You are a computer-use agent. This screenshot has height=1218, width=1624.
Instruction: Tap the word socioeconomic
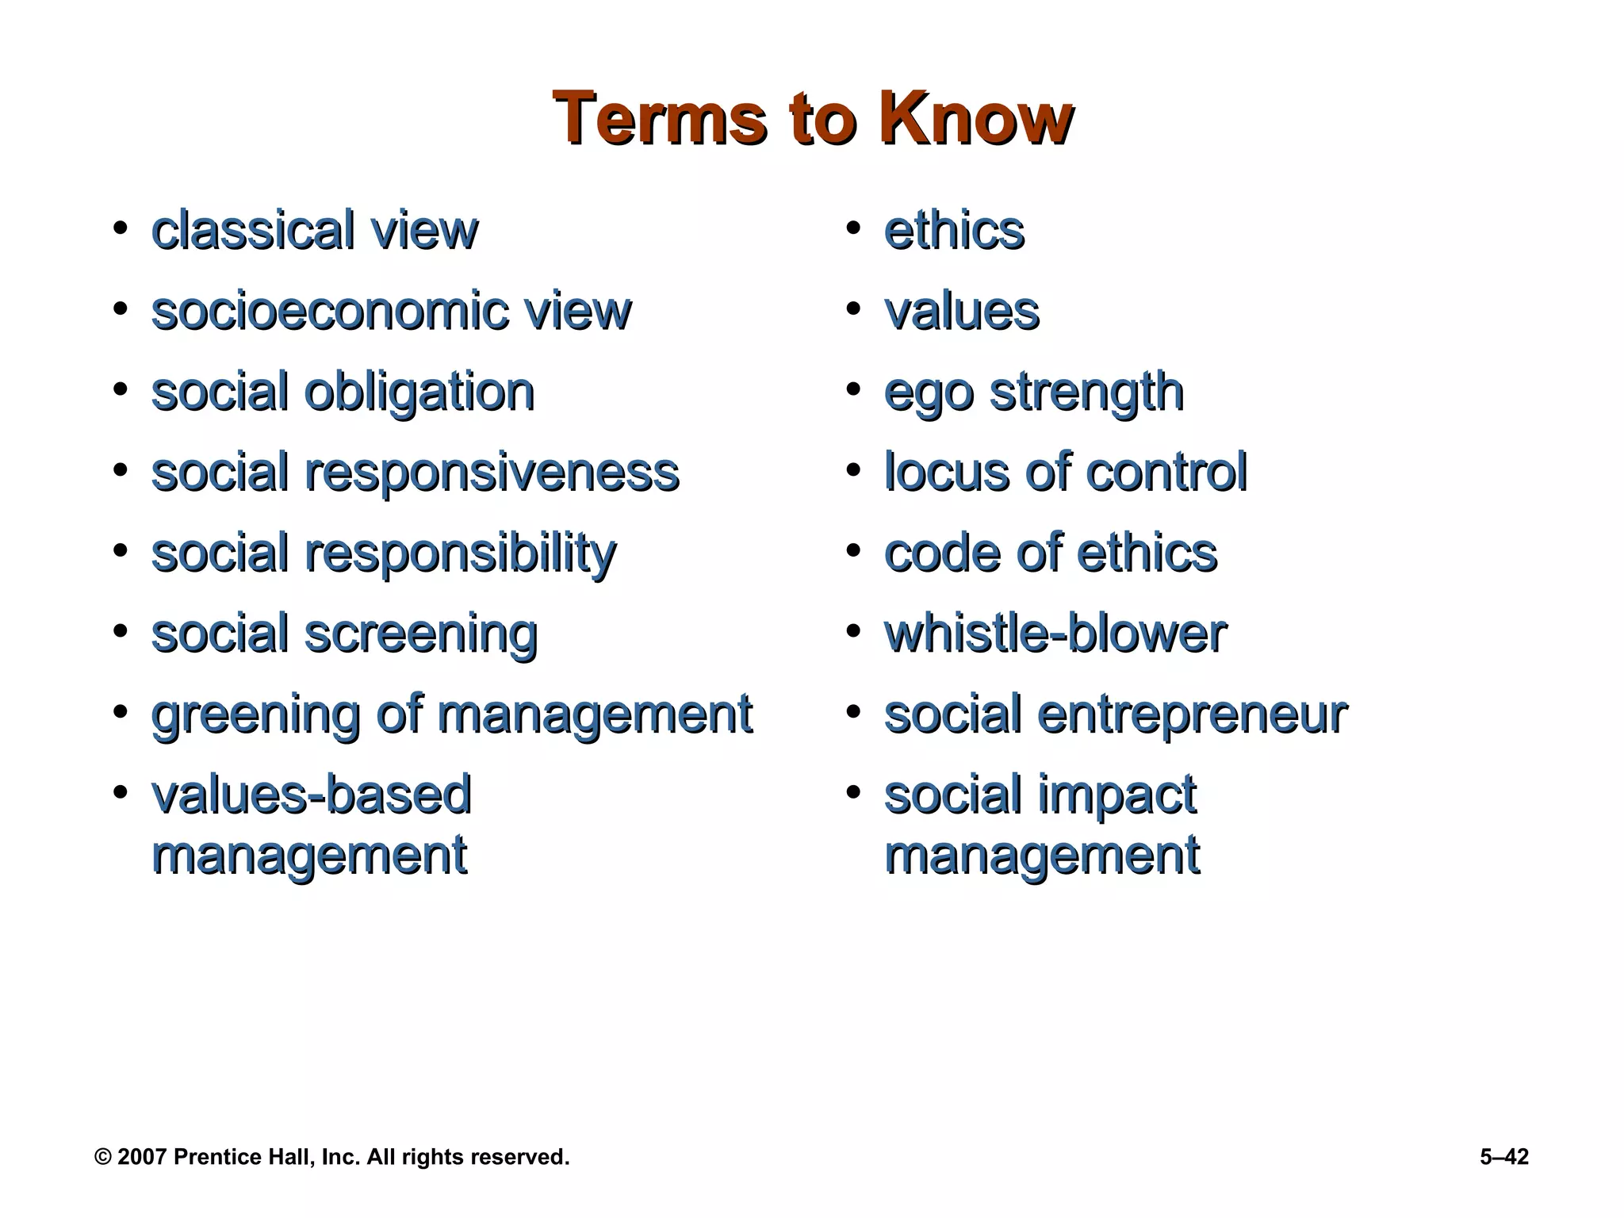[325, 311]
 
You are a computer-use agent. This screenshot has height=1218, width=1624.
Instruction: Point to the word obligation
[419, 393]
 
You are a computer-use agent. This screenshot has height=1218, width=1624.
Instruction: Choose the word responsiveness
[492, 473]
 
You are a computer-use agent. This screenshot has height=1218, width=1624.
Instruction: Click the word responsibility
[460, 553]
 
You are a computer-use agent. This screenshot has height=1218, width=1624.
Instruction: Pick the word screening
[421, 634]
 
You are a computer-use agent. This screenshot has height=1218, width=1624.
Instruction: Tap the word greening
[255, 715]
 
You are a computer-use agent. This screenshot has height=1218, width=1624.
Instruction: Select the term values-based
[312, 795]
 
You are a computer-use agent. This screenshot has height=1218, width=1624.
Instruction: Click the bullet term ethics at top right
[954, 231]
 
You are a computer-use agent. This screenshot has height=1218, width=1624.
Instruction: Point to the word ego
[929, 393]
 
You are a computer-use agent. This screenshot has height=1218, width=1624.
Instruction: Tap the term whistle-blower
[1055, 634]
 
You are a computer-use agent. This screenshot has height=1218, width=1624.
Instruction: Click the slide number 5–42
[1503, 1157]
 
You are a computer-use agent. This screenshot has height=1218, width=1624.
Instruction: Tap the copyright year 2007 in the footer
[141, 1157]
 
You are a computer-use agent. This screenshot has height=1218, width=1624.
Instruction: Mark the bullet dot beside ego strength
[852, 390]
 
